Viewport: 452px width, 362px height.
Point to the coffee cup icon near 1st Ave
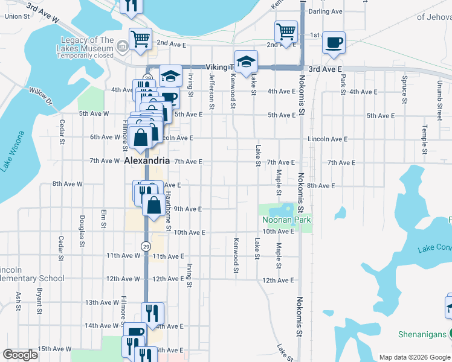(334, 43)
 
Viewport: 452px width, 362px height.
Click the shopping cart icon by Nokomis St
(286, 31)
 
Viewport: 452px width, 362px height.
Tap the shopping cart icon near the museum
(140, 39)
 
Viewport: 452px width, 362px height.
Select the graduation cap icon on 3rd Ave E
(246, 62)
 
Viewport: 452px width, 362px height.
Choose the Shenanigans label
(422, 334)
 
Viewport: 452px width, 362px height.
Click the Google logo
(20, 355)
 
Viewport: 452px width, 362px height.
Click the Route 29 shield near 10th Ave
(146, 246)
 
